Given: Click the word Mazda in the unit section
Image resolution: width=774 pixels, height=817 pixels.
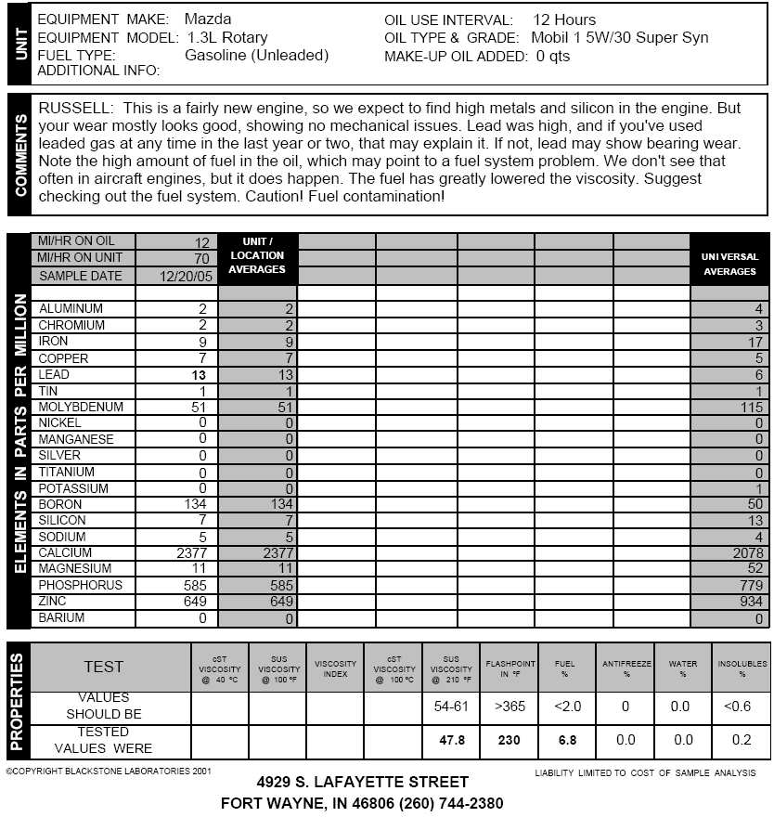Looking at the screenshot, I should click(207, 19).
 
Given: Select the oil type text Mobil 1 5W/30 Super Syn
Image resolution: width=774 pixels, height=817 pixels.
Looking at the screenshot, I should click(619, 38).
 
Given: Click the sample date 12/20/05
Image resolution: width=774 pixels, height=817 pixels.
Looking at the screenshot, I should click(186, 276).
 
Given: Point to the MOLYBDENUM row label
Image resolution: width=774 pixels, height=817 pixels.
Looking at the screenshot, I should click(81, 407).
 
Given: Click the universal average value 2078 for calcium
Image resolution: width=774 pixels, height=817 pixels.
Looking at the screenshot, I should click(744, 553).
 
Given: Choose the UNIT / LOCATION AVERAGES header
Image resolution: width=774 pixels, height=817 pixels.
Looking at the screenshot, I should click(257, 255).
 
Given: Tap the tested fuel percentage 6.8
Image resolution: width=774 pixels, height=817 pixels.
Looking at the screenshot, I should click(567, 741).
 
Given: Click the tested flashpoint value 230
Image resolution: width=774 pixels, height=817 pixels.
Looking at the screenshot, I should click(508, 741).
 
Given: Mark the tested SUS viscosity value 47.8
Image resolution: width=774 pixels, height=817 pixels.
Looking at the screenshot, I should click(450, 741).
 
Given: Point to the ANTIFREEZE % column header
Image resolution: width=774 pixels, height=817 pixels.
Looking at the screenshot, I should click(626, 668).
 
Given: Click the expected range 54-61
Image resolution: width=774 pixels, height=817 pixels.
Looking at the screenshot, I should click(451, 707).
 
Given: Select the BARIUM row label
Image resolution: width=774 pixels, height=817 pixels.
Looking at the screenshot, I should click(61, 617).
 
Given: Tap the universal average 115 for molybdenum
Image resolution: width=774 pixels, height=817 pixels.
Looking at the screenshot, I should click(750, 408).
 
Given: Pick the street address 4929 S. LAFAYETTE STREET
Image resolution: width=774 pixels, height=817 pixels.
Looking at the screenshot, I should click(363, 783).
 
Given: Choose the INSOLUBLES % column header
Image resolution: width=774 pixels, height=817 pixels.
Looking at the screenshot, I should click(742, 668).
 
